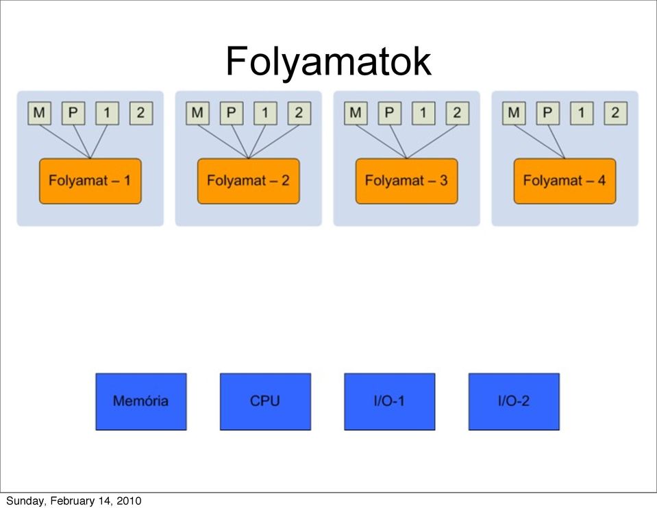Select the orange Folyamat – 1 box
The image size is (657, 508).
[90, 181]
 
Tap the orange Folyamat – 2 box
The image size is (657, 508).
[249, 181]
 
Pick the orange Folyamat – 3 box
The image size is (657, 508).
[406, 181]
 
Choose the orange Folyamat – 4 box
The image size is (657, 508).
[565, 181]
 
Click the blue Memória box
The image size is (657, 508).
[141, 402]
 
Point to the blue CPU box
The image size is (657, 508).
[265, 402]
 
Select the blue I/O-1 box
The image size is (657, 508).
[390, 402]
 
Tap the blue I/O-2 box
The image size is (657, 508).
[514, 402]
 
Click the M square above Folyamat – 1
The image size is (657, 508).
[39, 113]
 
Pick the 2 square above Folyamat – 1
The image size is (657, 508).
[141, 113]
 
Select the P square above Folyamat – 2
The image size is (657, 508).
[232, 113]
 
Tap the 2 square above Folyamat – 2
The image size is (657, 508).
[299, 113]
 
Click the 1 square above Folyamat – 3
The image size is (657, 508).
[423, 113]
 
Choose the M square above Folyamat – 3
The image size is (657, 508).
[356, 113]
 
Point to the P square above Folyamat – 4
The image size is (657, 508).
[547, 113]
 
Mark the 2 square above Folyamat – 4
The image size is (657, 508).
[615, 113]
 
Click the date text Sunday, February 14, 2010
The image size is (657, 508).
[74, 501]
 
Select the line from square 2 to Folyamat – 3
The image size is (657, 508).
[432, 142]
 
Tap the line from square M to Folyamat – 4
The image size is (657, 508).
[539, 142]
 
